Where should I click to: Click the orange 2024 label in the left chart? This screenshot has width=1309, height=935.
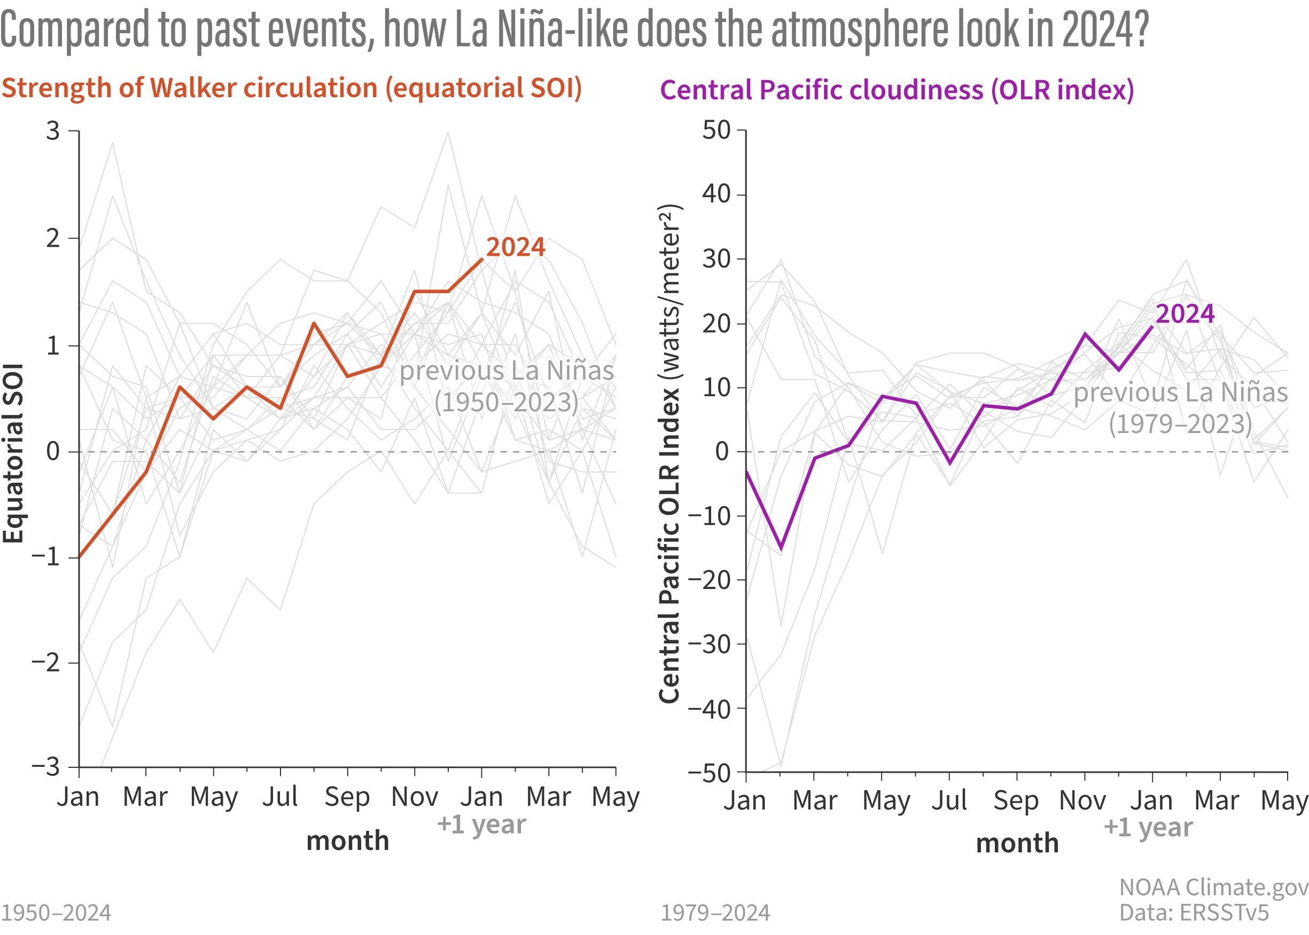click(515, 247)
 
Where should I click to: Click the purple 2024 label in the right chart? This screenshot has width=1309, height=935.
click(1185, 314)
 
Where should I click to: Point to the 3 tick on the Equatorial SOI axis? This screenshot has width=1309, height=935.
click(53, 131)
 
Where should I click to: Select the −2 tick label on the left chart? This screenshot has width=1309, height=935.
click(46, 663)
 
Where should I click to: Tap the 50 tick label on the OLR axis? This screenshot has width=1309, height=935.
click(716, 130)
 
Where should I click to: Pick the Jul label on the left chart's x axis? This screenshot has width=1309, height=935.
click(280, 797)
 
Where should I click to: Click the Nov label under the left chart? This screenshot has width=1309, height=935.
click(414, 797)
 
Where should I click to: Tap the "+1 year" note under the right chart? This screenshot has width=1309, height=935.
click(1148, 827)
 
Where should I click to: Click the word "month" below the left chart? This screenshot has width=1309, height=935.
click(347, 841)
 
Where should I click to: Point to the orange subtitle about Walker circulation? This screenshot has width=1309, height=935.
click(291, 88)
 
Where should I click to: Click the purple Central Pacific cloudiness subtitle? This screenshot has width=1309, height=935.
click(897, 90)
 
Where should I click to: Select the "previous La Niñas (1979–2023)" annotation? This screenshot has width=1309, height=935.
click(1181, 407)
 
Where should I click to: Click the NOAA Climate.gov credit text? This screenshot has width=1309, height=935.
click(1213, 887)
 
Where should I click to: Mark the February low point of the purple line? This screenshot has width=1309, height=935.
click(781, 549)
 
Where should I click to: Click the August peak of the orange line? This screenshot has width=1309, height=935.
click(314, 323)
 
